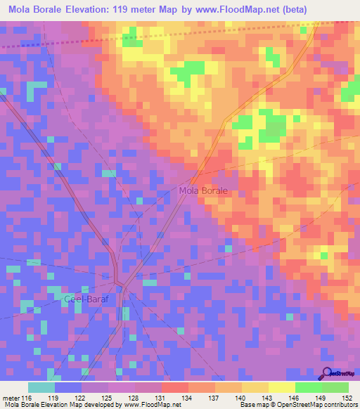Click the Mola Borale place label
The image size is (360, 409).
tap(203, 190)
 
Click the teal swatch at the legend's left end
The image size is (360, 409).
tap(41, 387)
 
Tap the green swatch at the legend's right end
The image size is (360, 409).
tap(335, 387)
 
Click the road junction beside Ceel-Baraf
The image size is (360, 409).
tap(121, 285)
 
